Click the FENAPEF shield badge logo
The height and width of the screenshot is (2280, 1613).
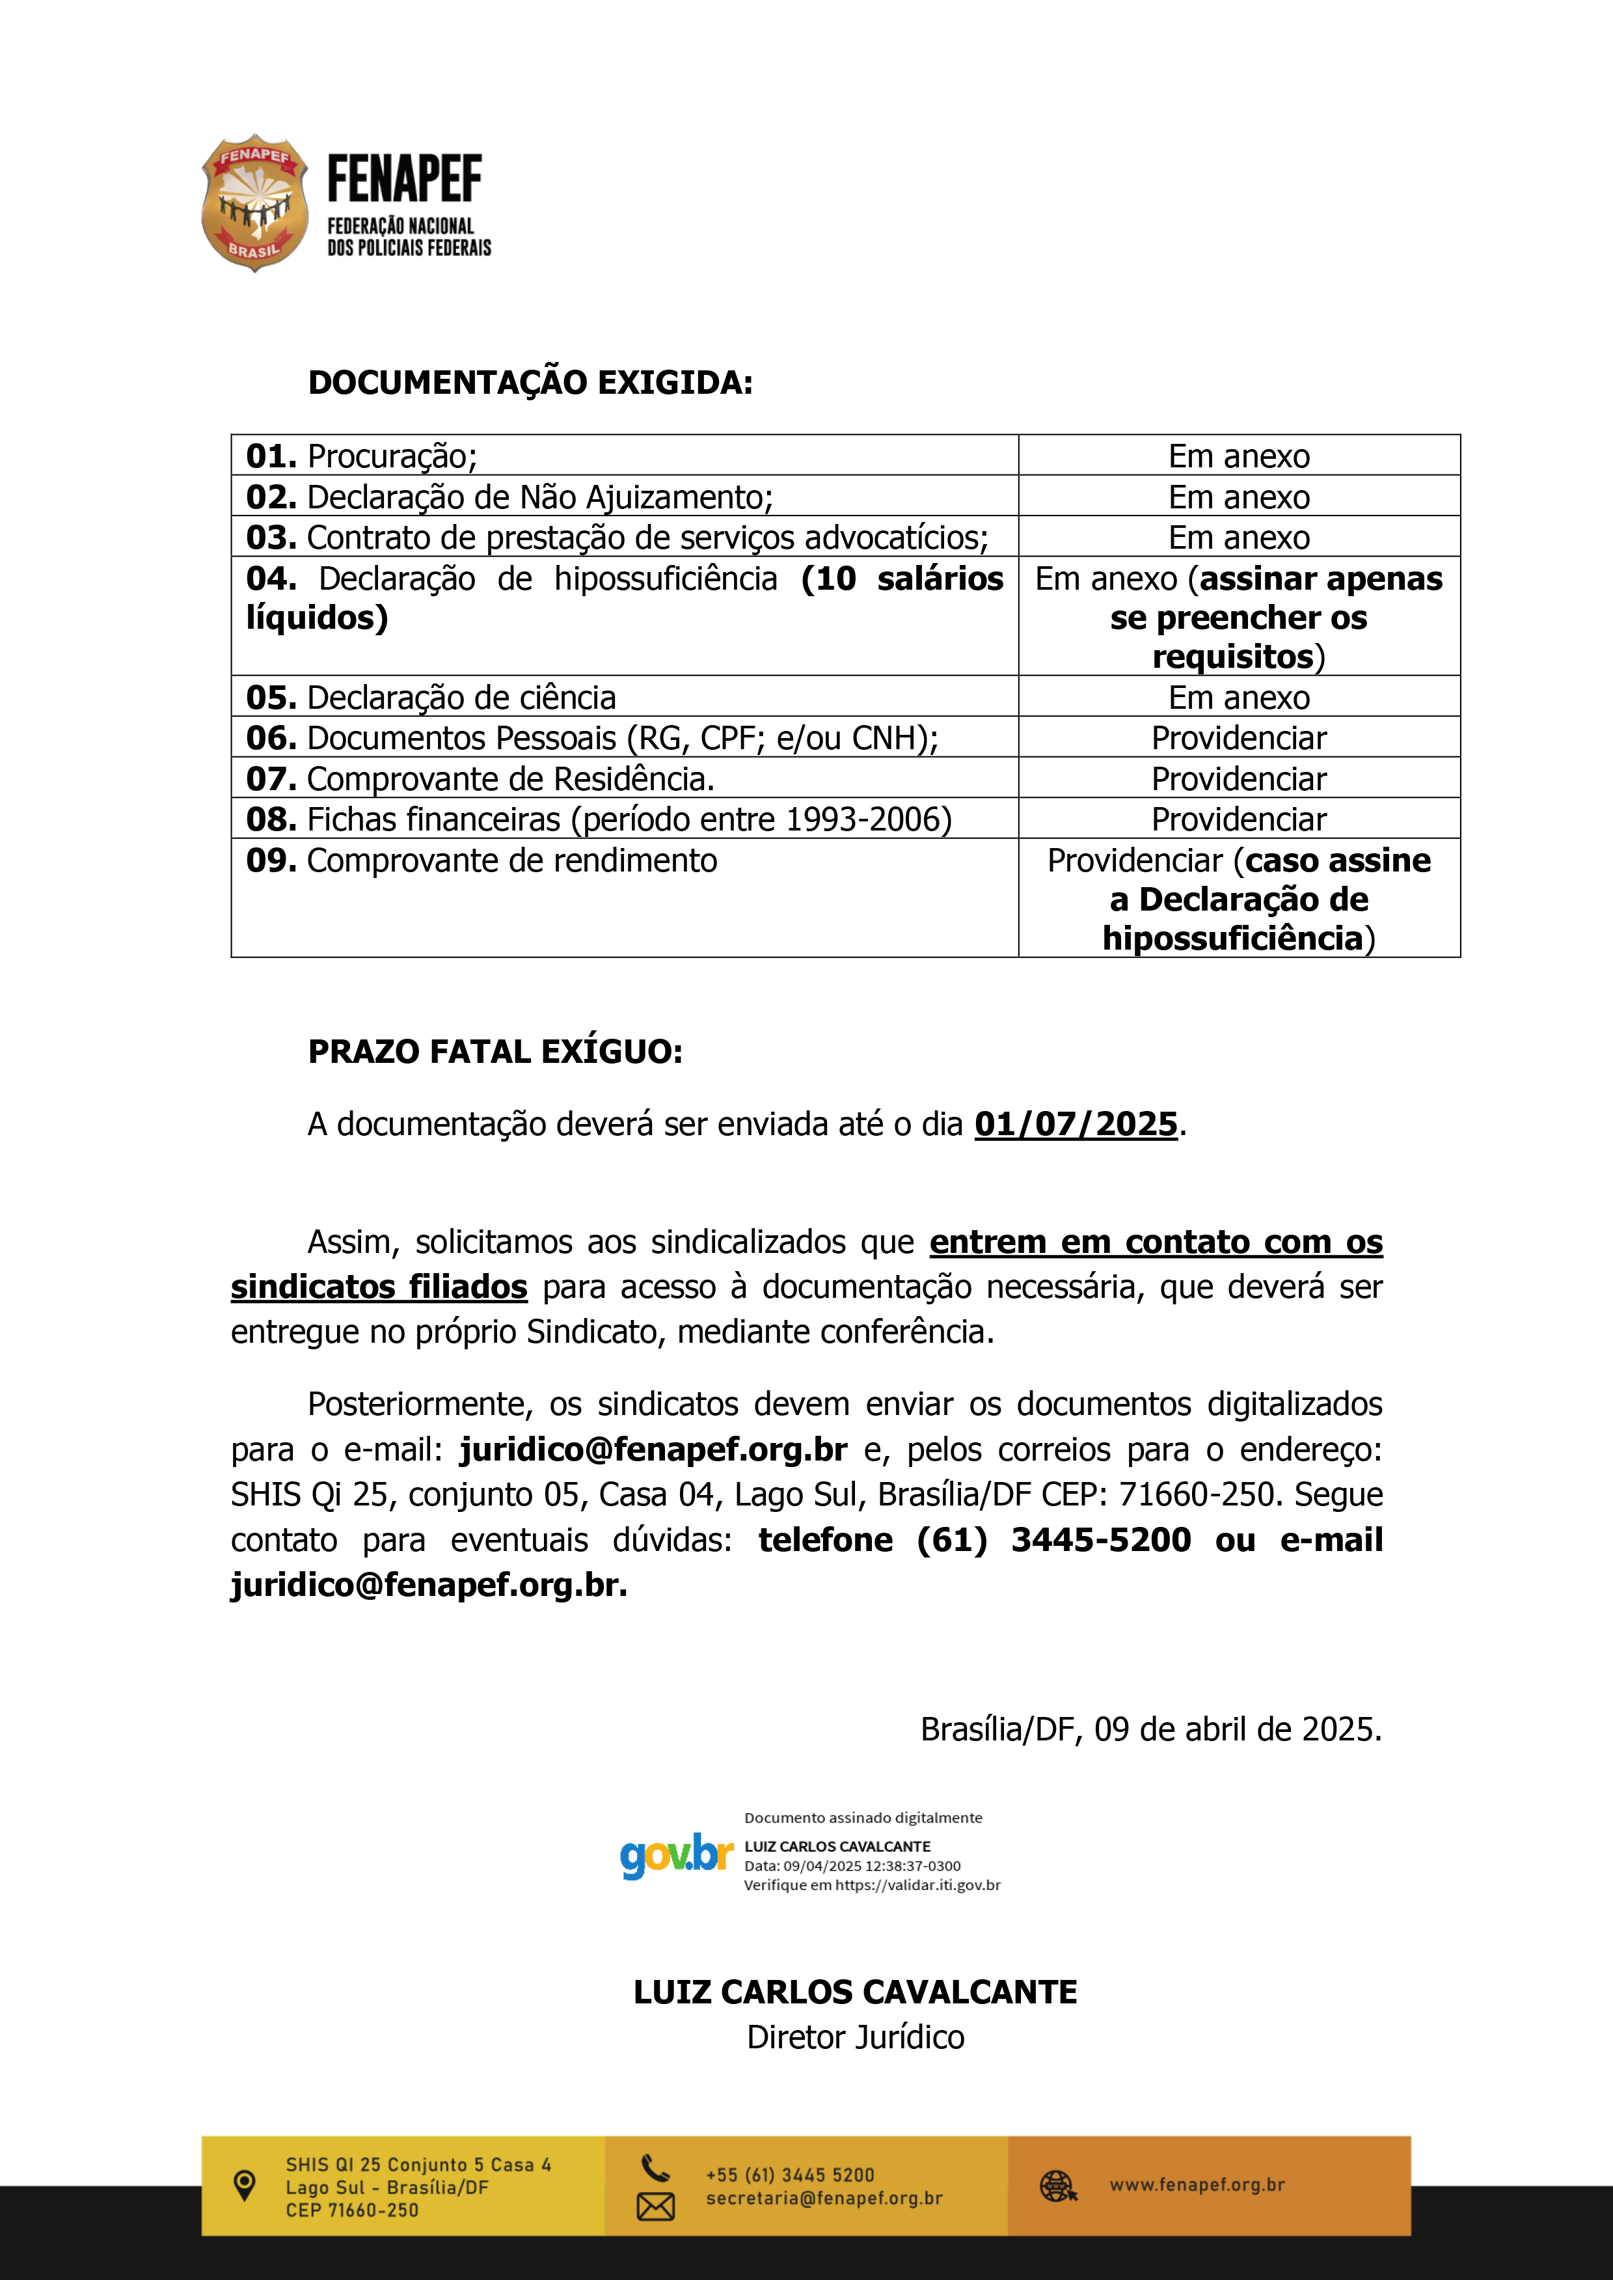(x=254, y=202)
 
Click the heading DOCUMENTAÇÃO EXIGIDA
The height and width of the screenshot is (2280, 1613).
(x=530, y=383)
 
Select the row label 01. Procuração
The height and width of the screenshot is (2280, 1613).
(x=362, y=456)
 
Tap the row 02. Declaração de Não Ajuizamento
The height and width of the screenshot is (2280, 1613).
(x=509, y=497)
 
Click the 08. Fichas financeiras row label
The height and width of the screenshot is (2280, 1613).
(x=599, y=819)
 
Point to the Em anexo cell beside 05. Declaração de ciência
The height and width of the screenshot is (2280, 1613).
(x=1239, y=698)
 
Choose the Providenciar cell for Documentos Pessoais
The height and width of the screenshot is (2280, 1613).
(x=1239, y=738)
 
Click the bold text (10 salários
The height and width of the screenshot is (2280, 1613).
(x=902, y=578)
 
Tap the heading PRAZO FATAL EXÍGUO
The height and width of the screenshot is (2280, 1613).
(x=495, y=1051)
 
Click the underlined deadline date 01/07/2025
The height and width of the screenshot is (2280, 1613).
(x=1076, y=1123)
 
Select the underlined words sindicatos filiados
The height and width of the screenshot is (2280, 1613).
(x=379, y=1287)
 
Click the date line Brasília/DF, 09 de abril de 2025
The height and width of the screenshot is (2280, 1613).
(x=1150, y=1729)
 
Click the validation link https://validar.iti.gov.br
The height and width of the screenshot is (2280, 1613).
(x=917, y=1885)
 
